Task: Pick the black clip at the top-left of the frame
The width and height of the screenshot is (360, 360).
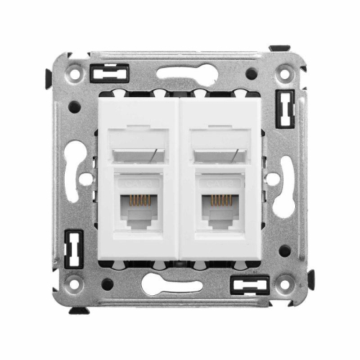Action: pyautogui.click(x=110, y=72)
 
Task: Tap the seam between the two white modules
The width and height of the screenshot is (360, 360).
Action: pyautogui.click(x=179, y=180)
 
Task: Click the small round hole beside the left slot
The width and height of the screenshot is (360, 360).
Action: pyautogui.click(x=86, y=179)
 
